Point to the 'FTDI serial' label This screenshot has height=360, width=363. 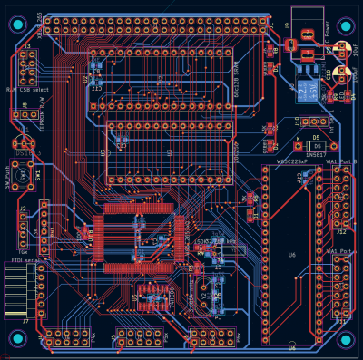point(24,261)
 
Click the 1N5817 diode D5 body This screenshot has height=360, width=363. point(313,146)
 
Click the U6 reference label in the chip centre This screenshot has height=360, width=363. point(291,256)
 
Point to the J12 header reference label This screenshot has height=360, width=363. point(341,206)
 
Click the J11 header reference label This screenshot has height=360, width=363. point(341,321)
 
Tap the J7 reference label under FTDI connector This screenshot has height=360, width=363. point(25,321)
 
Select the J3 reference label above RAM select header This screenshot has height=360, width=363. point(26,45)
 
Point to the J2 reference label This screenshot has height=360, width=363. point(23,209)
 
